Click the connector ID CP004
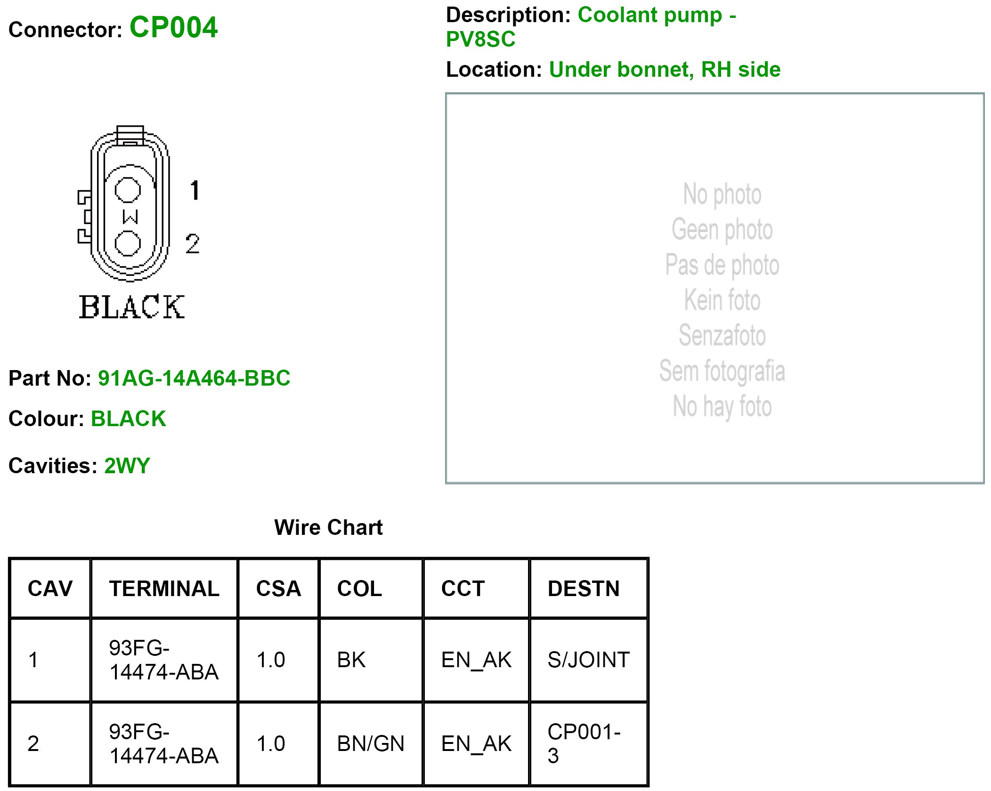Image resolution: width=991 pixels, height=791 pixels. [173, 27]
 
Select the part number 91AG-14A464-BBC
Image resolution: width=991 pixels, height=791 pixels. [194, 378]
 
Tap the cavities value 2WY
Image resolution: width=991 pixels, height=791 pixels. [127, 466]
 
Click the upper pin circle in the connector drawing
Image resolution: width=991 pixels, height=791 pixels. [128, 190]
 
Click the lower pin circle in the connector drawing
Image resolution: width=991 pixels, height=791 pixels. [128, 243]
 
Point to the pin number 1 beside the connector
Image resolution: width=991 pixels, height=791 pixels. [195, 190]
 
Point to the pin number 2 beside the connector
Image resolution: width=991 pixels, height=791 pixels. [192, 244]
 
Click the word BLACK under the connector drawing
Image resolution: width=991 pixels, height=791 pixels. [132, 307]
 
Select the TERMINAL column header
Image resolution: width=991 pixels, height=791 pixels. [164, 589]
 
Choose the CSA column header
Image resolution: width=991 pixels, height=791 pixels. [278, 589]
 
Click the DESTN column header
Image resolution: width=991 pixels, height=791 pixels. [584, 589]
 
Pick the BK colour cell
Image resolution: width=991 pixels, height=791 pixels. [351, 660]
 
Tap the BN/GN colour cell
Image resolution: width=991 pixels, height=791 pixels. [371, 743]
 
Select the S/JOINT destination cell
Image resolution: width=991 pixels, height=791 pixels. [588, 660]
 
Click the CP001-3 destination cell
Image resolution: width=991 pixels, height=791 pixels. [584, 743]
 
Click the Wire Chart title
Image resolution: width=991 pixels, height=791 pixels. [328, 527]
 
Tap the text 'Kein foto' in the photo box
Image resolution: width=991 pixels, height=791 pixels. [722, 300]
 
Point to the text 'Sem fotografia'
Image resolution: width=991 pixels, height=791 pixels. [722, 371]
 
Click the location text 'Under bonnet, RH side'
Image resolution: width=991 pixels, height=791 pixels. [665, 70]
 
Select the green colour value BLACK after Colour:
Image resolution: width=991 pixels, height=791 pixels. [128, 419]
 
